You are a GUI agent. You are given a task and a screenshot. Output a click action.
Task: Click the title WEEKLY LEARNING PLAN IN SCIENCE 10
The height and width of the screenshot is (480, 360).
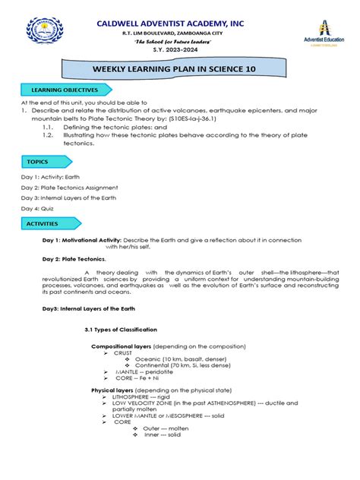pyautogui.click(x=180, y=71)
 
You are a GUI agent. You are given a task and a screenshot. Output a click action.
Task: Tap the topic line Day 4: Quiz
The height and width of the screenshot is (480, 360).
pyautogui.click(x=40, y=207)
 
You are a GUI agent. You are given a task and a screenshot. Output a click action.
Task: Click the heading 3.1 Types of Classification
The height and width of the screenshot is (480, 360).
pyautogui.click(x=121, y=330)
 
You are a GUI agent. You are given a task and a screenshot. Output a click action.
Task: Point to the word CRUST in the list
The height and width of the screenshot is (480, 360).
pyautogui.click(x=123, y=353)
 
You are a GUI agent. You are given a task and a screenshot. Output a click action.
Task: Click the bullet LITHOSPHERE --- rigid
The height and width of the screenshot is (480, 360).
pyautogui.click(x=146, y=396)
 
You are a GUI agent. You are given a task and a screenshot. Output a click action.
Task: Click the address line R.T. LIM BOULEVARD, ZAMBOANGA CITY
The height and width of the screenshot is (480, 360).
pyautogui.click(x=180, y=33)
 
